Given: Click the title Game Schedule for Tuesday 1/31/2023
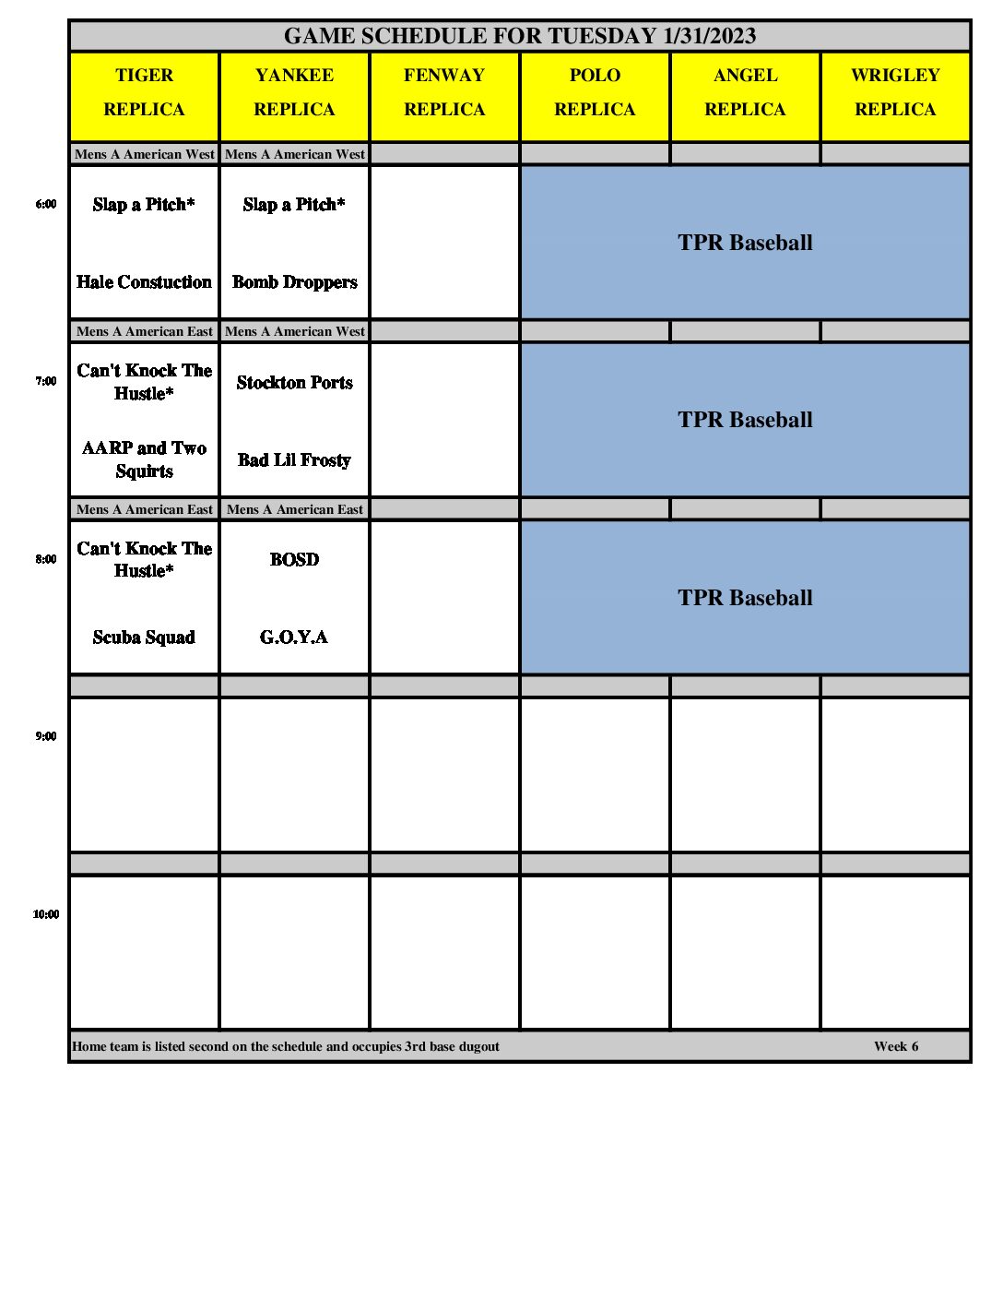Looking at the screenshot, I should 520,36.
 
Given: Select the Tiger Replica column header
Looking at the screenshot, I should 144,92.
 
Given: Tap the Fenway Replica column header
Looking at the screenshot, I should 444,92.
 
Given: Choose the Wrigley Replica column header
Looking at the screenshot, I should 895,92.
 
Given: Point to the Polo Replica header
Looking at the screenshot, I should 595,92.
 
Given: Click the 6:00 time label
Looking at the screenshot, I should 46,204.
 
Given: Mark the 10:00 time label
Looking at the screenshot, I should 46,914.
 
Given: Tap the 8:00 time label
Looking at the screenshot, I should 46,559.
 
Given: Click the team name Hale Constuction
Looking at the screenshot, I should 144,282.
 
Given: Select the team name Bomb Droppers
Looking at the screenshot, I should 294,282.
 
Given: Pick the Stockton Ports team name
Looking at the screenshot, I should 294,383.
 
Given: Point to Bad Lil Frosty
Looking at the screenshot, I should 294,460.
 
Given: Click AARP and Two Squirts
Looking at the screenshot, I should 144,459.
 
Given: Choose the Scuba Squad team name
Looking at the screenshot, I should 144,638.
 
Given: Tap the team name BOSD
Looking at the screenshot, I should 294,560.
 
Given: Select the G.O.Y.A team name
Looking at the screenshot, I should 294,638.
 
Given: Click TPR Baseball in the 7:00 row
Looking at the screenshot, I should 745,420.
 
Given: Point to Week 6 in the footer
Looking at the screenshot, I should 896,1046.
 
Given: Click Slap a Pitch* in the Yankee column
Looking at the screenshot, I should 294,205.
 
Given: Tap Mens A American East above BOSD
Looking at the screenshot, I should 295,509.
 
